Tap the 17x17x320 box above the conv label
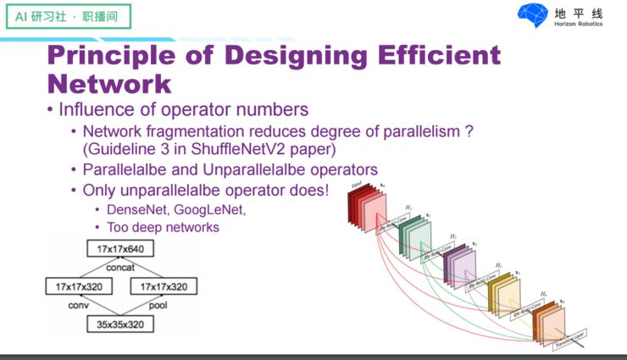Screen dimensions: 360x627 [x=78, y=285]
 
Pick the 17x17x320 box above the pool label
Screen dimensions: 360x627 [x=170, y=285]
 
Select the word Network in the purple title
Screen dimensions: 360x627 [x=109, y=84]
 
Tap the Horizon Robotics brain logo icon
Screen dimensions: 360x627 [x=533, y=16]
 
